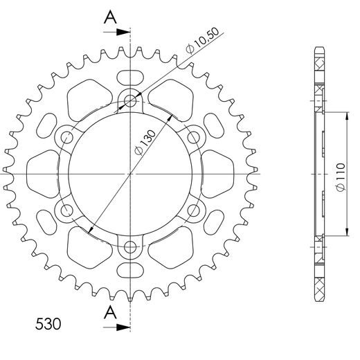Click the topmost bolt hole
[x=129, y=101]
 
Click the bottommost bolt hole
[x=129, y=246]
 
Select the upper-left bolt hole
[x=67, y=137]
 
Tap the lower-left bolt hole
[x=67, y=210]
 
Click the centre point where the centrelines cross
[x=129, y=173]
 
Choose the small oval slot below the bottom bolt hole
[x=129, y=272]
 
